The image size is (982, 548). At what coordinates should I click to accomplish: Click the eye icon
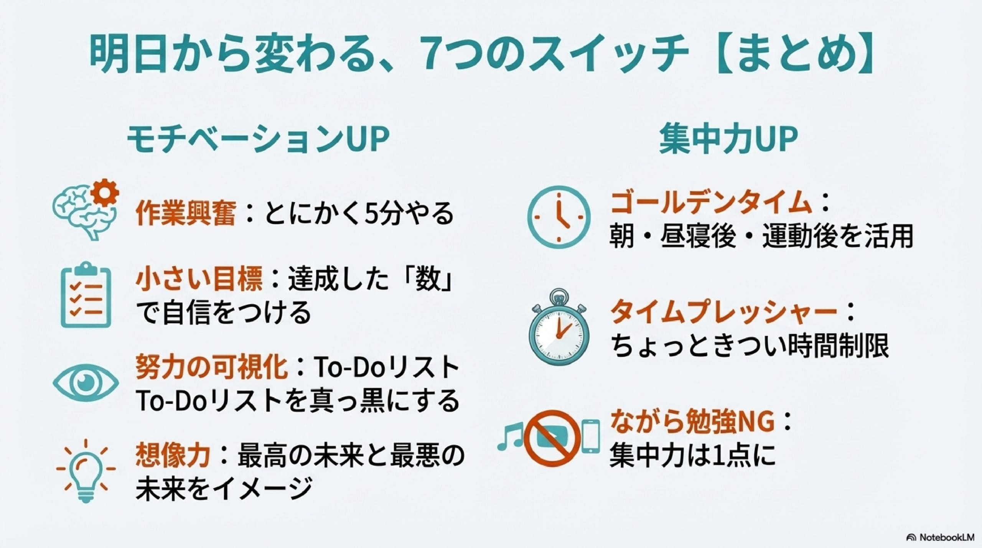86,382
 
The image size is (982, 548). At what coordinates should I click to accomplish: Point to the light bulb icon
86,471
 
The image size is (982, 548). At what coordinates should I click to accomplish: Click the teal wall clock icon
559,216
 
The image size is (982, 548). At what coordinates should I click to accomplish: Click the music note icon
510,437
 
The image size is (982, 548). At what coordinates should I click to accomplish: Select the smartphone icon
591,437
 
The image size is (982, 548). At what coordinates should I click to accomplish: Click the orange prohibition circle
552,437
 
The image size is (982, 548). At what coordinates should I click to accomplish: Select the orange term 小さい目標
199,280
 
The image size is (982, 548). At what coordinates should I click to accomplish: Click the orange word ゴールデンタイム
711,203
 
